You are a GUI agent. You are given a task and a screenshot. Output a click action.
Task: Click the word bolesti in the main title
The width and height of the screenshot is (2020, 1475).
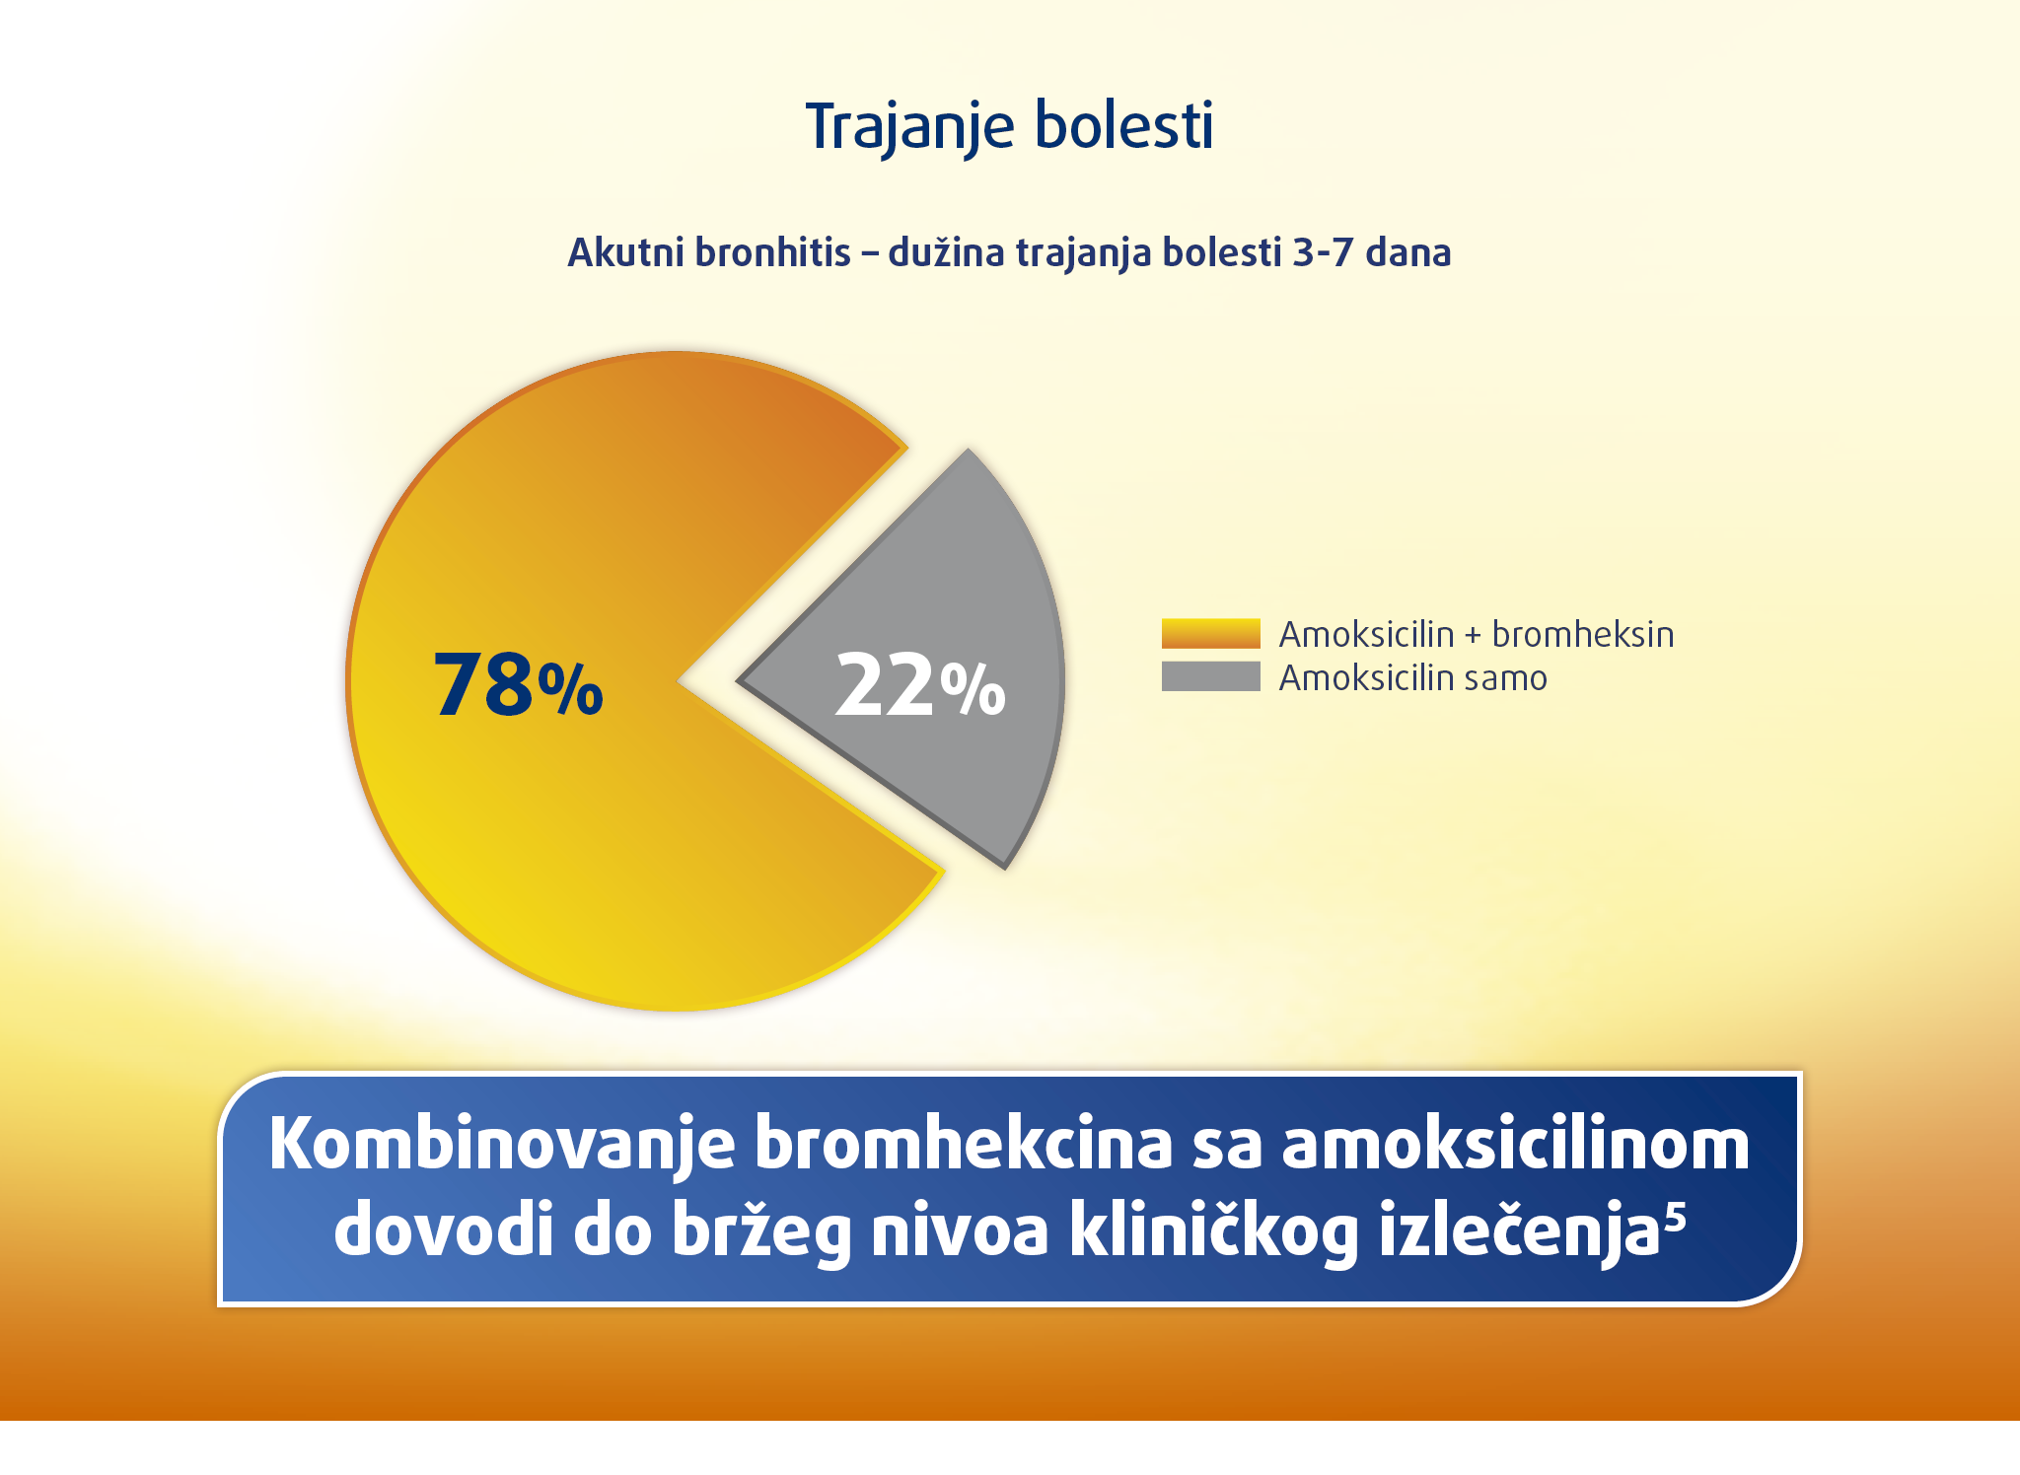click(x=1124, y=125)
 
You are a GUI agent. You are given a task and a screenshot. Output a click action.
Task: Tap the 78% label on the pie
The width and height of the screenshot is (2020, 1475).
click(x=518, y=684)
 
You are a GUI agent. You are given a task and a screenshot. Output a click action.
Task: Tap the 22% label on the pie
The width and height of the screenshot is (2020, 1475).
click(x=920, y=684)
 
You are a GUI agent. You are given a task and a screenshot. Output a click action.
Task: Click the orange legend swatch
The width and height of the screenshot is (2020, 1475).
click(x=1210, y=633)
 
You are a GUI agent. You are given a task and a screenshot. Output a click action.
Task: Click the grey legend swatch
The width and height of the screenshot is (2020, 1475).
click(x=1210, y=676)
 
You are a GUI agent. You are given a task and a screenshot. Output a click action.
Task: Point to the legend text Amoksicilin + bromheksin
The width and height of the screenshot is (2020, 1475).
click(x=1477, y=634)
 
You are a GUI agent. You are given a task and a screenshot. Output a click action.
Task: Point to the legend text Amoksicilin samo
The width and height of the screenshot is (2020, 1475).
click(x=1413, y=678)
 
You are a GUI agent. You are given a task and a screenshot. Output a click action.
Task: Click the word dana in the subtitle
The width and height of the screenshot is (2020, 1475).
click(x=1408, y=252)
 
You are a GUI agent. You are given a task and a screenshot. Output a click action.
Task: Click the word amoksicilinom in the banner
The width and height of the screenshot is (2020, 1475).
click(x=1516, y=1144)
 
